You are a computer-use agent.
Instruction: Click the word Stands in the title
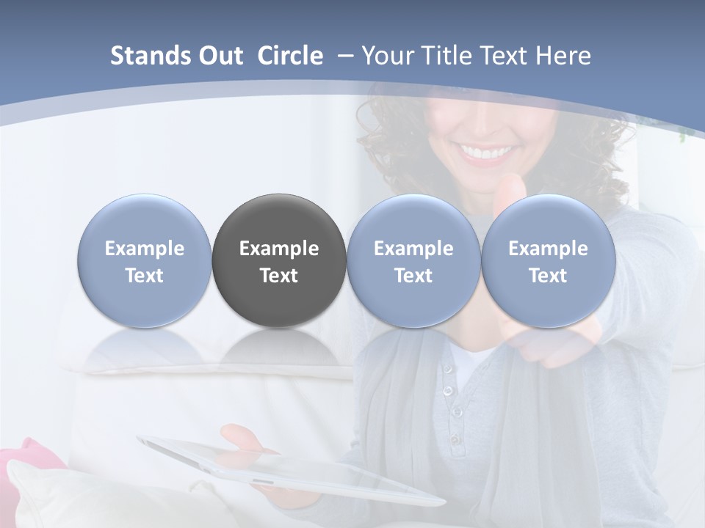tap(147, 56)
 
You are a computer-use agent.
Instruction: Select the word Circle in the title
tap(290, 56)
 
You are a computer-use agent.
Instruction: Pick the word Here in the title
tap(563, 56)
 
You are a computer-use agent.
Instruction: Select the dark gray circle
tap(279, 260)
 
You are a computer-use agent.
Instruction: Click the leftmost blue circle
tap(145, 260)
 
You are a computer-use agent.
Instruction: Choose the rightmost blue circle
tap(549, 260)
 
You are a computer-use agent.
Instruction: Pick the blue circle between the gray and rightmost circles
tap(413, 260)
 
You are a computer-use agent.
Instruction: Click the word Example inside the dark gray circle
tap(279, 249)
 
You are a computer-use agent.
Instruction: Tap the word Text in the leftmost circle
tap(145, 276)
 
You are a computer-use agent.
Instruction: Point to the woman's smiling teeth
tap(487, 153)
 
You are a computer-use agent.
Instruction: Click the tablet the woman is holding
tap(294, 469)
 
